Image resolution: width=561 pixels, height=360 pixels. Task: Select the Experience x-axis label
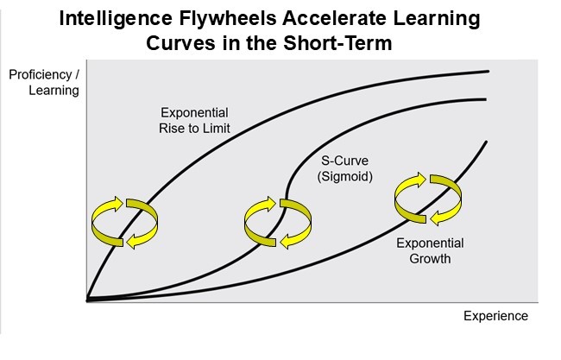tap(495, 316)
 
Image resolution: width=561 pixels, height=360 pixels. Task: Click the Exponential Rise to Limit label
tap(195, 121)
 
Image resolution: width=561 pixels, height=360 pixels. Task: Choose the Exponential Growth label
tap(430, 250)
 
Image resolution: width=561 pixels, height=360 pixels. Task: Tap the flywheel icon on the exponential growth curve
tap(424, 198)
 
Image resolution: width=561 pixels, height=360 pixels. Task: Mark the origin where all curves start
tap(88, 300)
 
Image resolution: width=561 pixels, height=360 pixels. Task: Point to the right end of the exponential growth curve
tap(488, 142)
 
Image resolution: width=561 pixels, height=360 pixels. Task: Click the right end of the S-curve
tap(488, 98)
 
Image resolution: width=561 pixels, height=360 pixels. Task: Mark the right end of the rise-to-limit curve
tap(489, 71)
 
